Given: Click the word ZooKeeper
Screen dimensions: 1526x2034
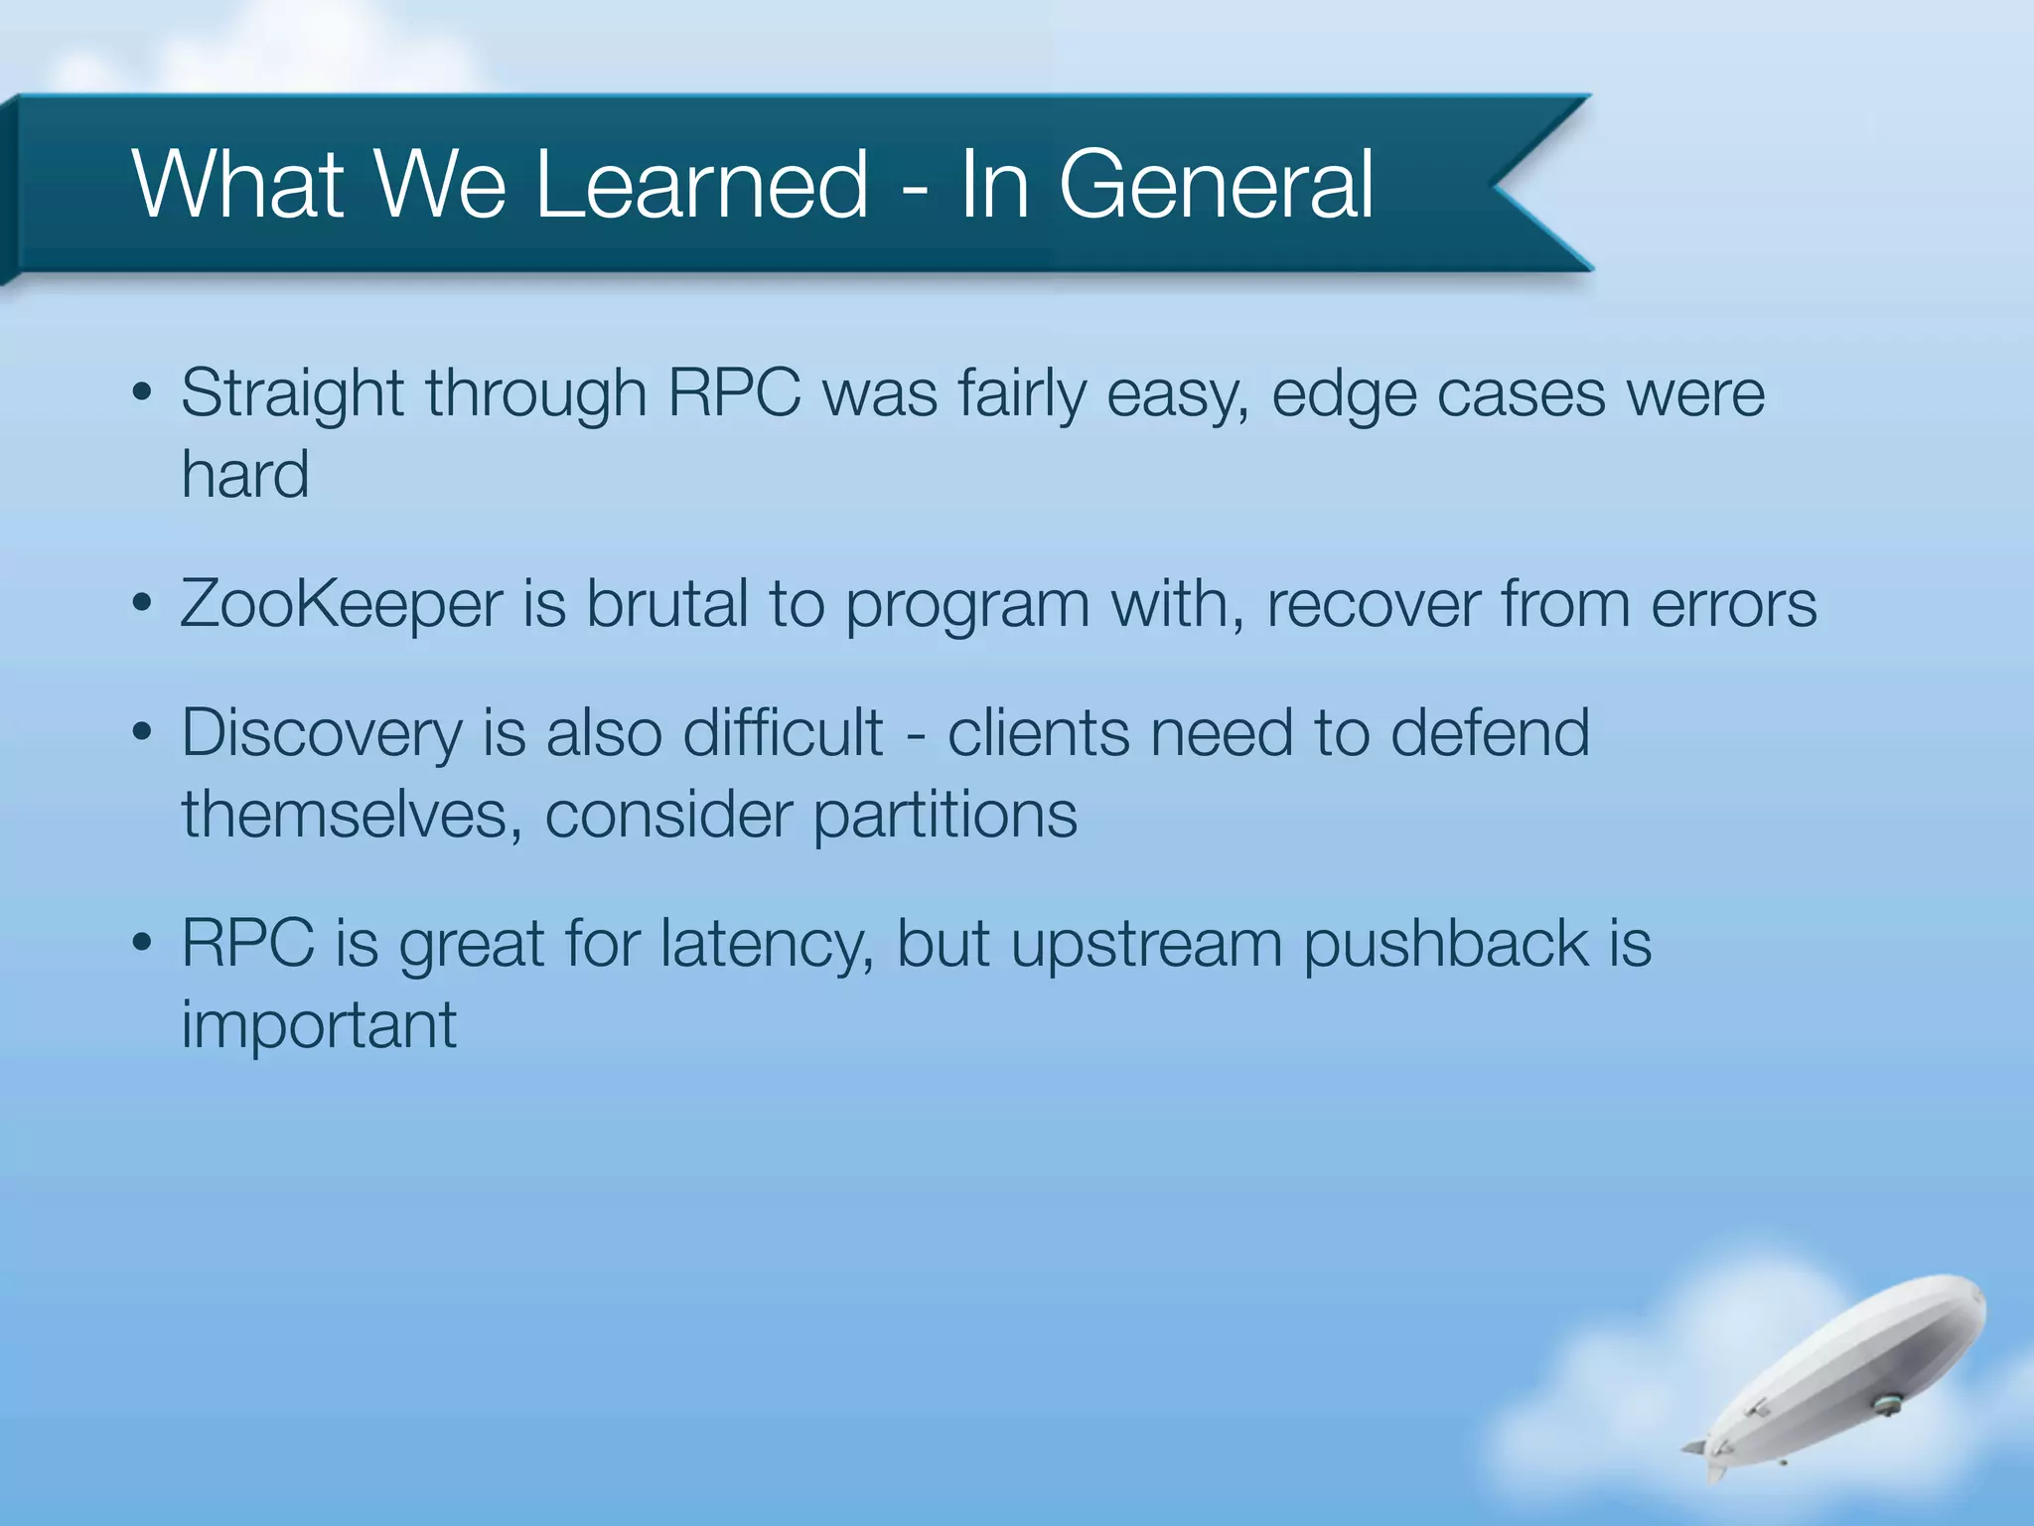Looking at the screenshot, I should tap(341, 604).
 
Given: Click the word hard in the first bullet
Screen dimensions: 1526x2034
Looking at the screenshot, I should tap(244, 474).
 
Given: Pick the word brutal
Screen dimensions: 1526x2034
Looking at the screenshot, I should tap(665, 603).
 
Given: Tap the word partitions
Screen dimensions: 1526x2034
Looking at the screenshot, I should tap(944, 815).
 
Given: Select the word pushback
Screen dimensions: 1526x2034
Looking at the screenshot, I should tap(1445, 943).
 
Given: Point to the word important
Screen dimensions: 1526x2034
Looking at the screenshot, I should tap(318, 1024).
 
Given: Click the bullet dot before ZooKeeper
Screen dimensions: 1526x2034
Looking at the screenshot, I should tap(142, 603).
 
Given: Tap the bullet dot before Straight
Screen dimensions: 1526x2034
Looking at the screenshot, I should tap(142, 392).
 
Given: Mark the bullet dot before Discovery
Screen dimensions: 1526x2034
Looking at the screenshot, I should tap(142, 733).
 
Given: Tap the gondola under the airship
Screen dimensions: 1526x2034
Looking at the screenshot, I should tap(1885, 1404).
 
